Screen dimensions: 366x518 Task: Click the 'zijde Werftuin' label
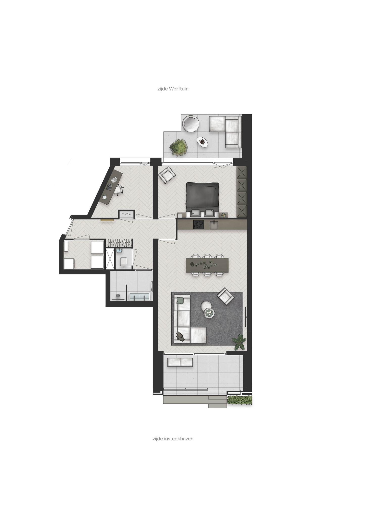click(173, 89)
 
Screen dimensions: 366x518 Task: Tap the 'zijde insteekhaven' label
click(173, 439)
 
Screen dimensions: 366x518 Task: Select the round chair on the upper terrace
click(191, 123)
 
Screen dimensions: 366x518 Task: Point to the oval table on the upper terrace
click(203, 142)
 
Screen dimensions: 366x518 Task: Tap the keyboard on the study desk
click(109, 187)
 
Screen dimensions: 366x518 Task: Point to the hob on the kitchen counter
click(198, 225)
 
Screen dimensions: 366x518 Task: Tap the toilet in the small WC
click(124, 261)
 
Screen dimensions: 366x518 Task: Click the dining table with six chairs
click(207, 265)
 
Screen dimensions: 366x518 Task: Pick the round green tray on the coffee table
click(209, 313)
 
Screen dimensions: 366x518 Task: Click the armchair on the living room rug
click(225, 296)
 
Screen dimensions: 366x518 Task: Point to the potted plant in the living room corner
click(239, 342)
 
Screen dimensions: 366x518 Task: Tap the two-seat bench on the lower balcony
click(180, 362)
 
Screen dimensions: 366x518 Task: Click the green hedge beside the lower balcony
click(240, 400)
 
